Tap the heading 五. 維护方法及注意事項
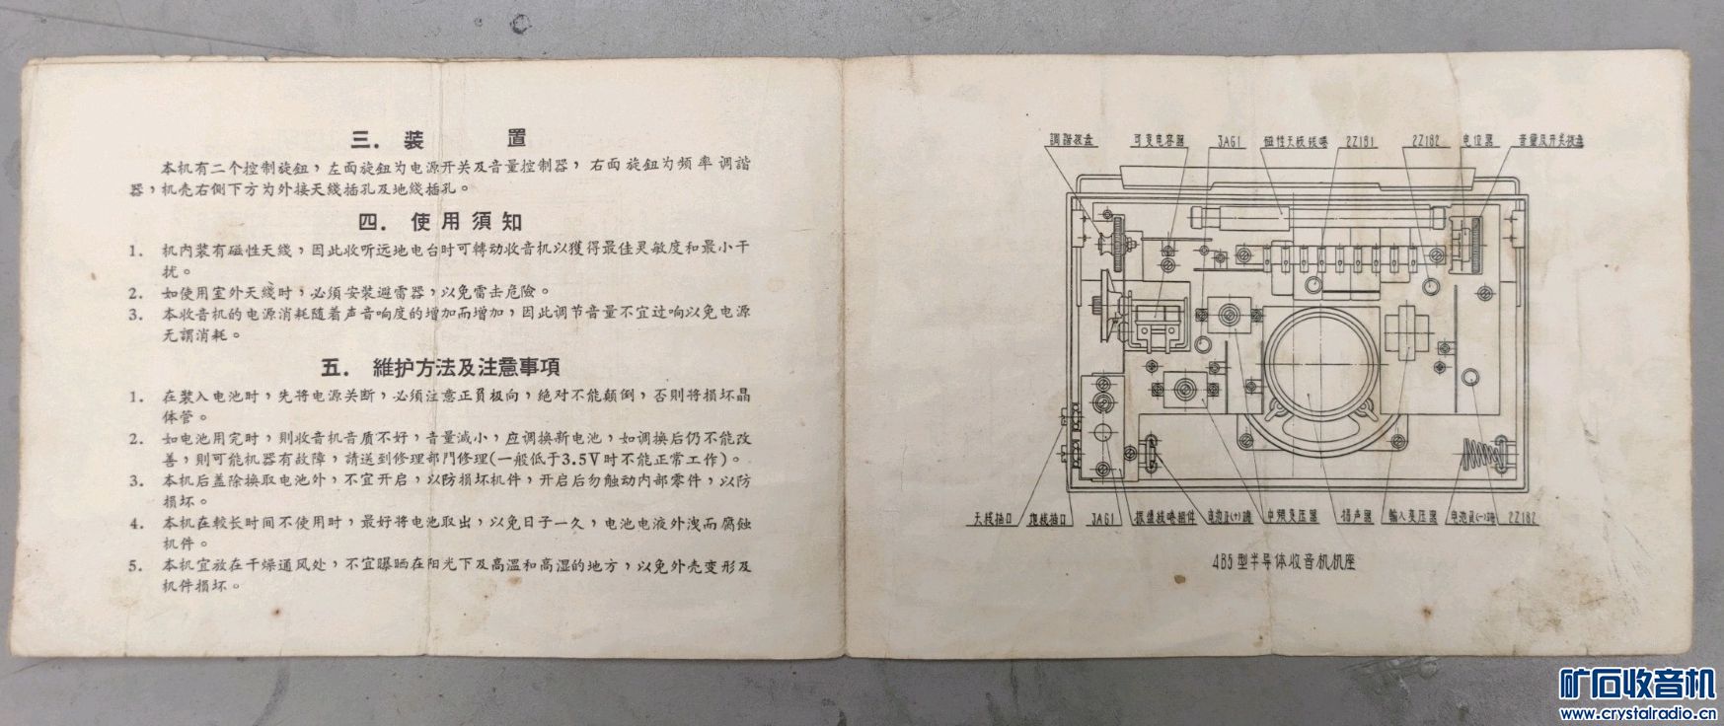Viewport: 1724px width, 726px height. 441,368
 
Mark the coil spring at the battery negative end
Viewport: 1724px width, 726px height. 1482,455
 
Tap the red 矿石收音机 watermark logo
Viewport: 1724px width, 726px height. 1637,683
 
